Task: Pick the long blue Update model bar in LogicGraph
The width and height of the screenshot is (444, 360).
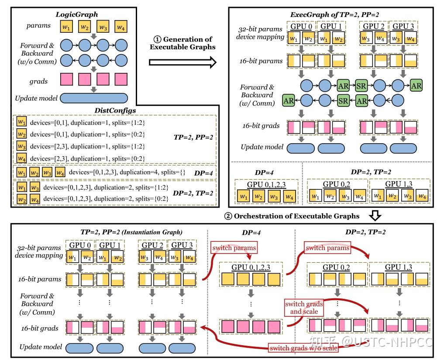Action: click(x=93, y=98)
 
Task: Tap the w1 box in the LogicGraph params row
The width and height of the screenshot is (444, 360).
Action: click(x=67, y=26)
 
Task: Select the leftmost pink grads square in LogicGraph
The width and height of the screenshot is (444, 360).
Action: click(x=67, y=80)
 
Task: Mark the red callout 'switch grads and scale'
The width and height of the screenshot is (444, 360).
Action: click(x=301, y=308)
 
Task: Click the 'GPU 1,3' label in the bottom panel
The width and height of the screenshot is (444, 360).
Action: click(x=399, y=266)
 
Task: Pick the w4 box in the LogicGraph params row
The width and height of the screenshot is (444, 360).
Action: click(x=121, y=26)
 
